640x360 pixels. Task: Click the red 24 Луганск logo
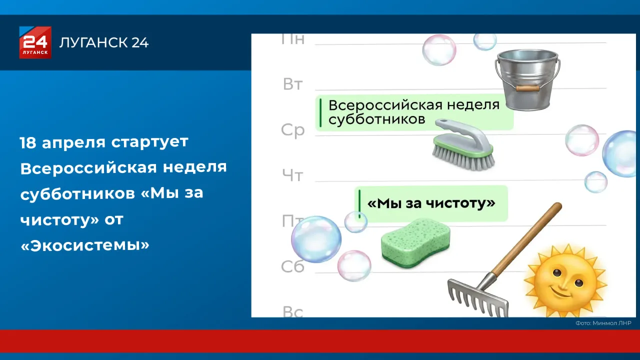(x=35, y=42)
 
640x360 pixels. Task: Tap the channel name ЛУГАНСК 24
(x=104, y=42)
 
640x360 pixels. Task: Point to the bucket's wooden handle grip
(x=527, y=88)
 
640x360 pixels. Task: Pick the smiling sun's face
(x=565, y=280)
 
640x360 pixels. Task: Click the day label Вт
(x=293, y=84)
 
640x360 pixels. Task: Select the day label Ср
(x=292, y=130)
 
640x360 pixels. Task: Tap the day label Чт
(x=292, y=175)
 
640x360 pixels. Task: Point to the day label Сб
(x=292, y=267)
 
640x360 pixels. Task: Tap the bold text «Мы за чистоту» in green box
(x=431, y=203)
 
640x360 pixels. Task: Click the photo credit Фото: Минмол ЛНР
(x=603, y=323)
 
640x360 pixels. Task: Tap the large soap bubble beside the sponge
(x=316, y=239)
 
